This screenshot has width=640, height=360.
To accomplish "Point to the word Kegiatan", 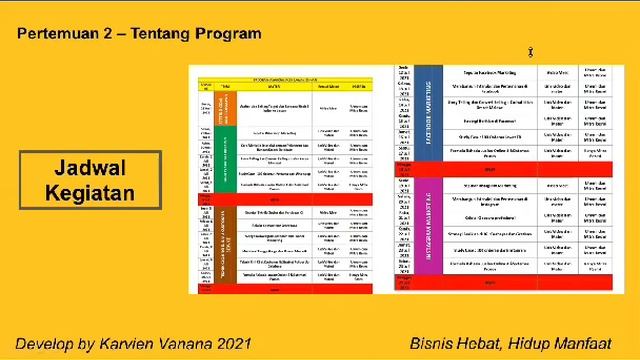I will point(90,191).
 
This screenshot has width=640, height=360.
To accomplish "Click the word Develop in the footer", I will point(44,343).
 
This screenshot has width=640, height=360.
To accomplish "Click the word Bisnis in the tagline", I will point(433,343).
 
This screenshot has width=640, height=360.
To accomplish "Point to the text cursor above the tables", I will point(530,52).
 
